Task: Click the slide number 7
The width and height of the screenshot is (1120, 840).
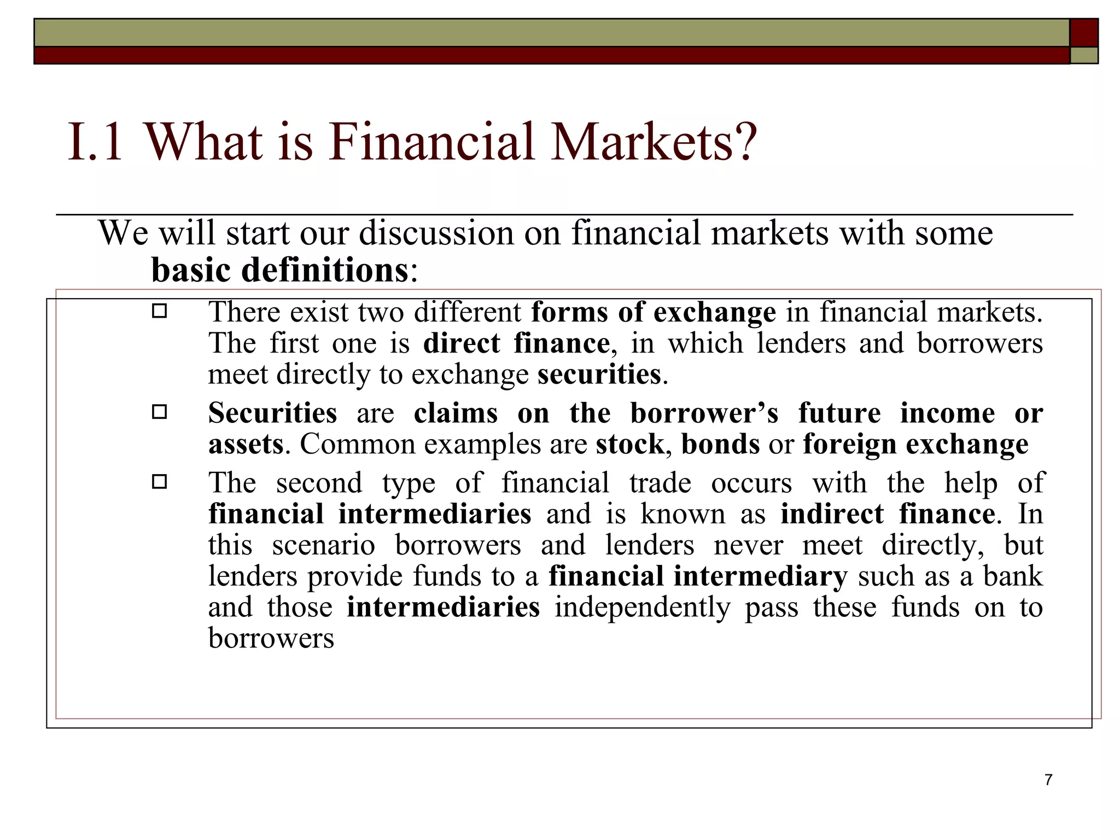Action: point(1048,780)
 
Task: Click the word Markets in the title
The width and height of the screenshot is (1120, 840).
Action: point(654,142)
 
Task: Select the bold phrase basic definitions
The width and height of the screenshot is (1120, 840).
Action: point(279,270)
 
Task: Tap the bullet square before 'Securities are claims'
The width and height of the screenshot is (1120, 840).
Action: point(159,412)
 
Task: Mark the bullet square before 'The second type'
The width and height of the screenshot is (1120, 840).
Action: point(159,482)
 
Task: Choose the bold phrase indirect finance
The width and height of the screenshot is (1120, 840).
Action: point(888,514)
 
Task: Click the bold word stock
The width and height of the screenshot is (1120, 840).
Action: point(629,444)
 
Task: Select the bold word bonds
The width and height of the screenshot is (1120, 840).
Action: point(720,444)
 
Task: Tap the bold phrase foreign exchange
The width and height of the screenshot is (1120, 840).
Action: point(915,444)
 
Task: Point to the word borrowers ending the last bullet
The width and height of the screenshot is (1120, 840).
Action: point(271,638)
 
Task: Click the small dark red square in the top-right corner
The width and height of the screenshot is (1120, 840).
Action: point(1084,32)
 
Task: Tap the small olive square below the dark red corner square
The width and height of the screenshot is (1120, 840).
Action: point(1084,55)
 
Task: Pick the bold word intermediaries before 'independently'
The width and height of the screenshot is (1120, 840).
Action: point(443,608)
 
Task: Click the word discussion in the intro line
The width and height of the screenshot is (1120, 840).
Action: point(436,234)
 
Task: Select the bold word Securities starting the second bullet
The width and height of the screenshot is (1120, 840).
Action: point(272,413)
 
